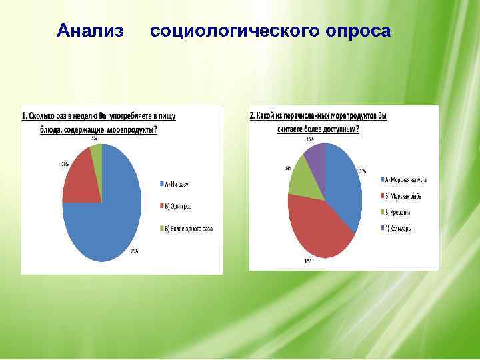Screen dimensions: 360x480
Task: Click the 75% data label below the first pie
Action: point(135,251)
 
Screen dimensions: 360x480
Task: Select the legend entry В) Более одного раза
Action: point(189,229)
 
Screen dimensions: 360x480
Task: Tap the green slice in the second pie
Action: point(303,180)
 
